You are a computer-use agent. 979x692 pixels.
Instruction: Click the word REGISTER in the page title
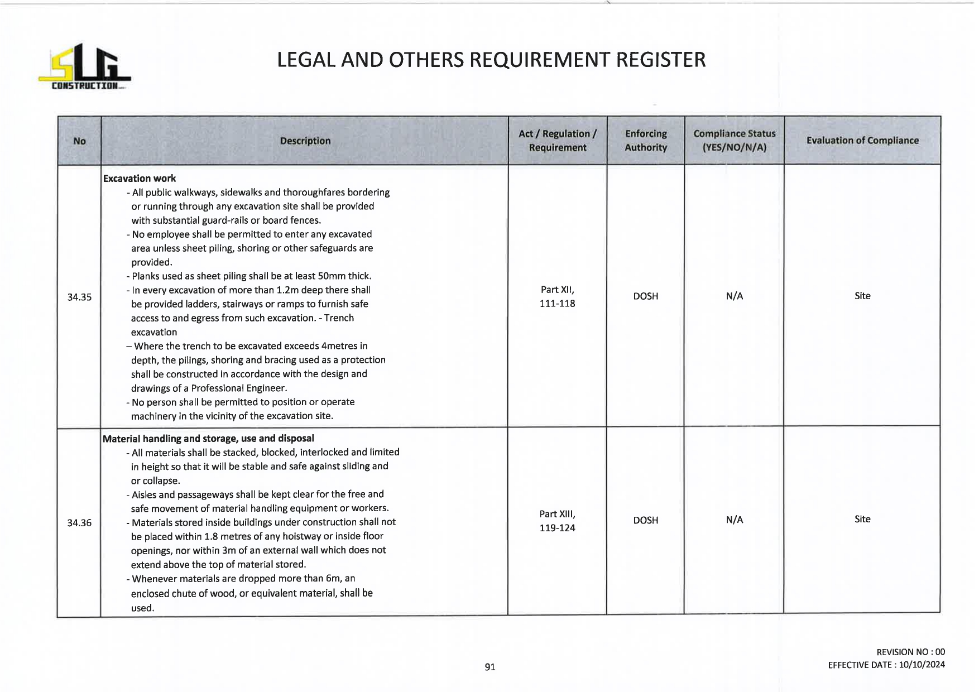660,60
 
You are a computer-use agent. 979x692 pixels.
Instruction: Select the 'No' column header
79,141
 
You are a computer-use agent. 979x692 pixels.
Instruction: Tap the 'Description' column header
305,141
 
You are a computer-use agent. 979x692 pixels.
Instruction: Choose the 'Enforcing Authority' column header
645,141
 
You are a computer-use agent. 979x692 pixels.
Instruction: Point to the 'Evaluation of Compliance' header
862,141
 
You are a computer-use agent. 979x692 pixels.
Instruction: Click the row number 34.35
79,297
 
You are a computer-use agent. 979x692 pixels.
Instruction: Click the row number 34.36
79,523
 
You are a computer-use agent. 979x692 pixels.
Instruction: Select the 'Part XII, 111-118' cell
557,296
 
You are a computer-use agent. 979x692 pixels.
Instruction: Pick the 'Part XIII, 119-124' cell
557,521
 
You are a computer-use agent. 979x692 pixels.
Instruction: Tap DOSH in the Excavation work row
645,296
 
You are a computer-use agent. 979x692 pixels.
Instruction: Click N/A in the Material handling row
734,520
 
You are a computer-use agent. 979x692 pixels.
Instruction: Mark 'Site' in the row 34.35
862,296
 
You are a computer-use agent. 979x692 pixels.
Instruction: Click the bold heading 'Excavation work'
140,179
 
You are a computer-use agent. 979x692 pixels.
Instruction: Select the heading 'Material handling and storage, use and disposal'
208,439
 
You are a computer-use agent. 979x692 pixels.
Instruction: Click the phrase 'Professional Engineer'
239,388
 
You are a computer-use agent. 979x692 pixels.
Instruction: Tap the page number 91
490,667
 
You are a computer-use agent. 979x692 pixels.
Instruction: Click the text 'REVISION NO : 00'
910,652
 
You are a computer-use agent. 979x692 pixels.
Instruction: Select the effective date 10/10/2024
922,665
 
